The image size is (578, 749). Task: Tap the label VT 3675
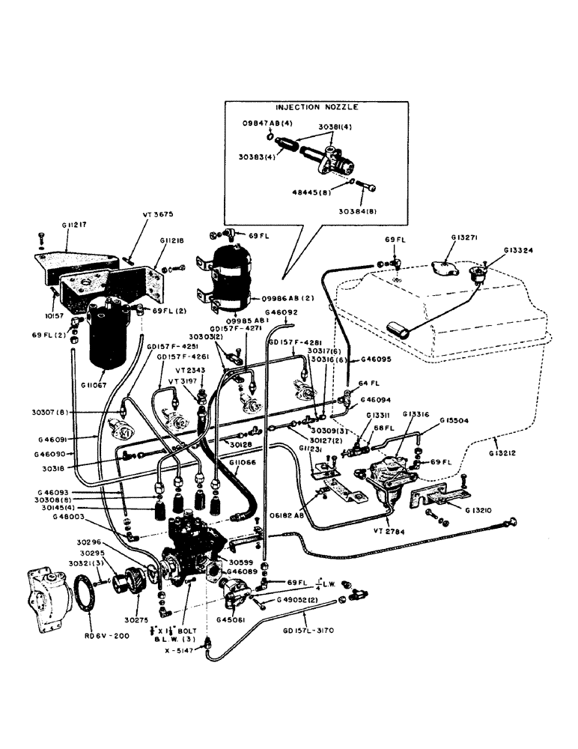157,214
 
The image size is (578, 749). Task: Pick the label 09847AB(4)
267,122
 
